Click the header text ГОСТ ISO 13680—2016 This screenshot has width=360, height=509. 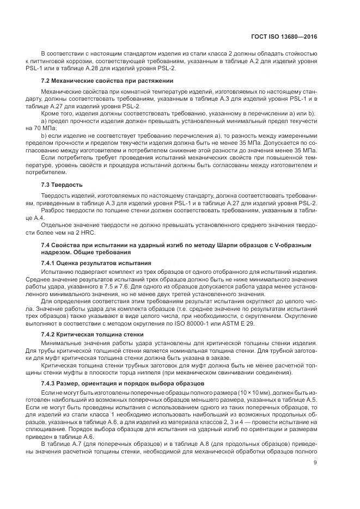[x=289, y=38]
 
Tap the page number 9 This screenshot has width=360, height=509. [x=315, y=464]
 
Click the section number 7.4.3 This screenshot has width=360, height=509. [x=50, y=384]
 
